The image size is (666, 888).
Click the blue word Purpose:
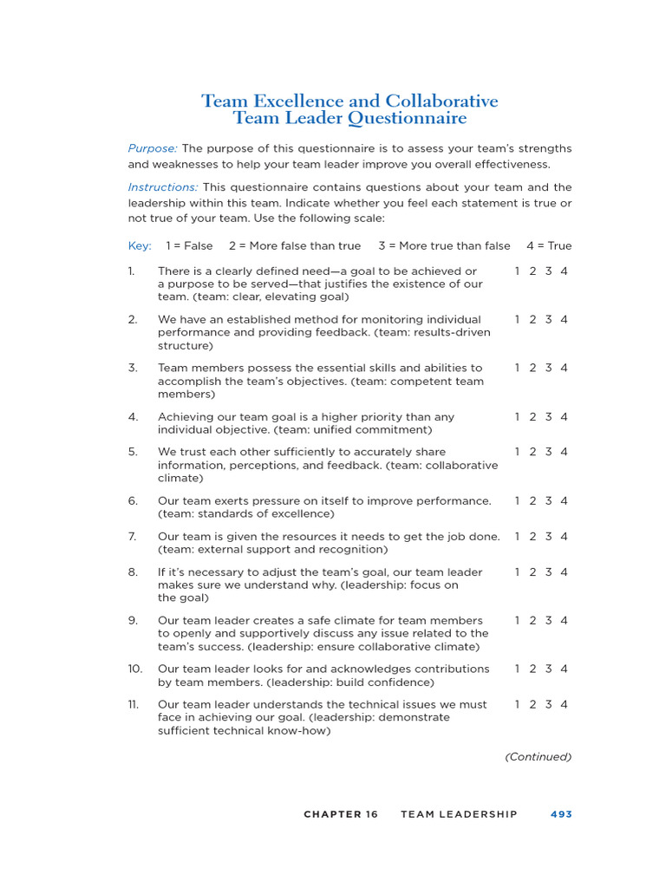(153, 148)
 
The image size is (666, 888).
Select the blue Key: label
(140, 245)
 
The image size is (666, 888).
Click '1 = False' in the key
(189, 245)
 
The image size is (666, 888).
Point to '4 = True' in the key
(549, 245)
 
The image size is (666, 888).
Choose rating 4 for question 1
(565, 271)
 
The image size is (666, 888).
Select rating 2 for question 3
(532, 368)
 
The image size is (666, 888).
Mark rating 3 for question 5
(548, 452)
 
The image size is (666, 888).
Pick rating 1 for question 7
(518, 536)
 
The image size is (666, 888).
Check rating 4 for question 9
(565, 620)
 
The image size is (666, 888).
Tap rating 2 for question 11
(532, 704)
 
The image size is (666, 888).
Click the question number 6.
(133, 500)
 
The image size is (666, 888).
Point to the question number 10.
(134, 669)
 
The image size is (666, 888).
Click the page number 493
(561, 814)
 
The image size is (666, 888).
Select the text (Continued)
(539, 757)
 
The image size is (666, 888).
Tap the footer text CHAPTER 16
(341, 814)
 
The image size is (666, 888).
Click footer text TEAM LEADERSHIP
(459, 814)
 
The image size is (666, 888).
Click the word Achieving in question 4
(185, 417)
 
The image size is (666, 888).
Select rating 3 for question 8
(548, 572)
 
